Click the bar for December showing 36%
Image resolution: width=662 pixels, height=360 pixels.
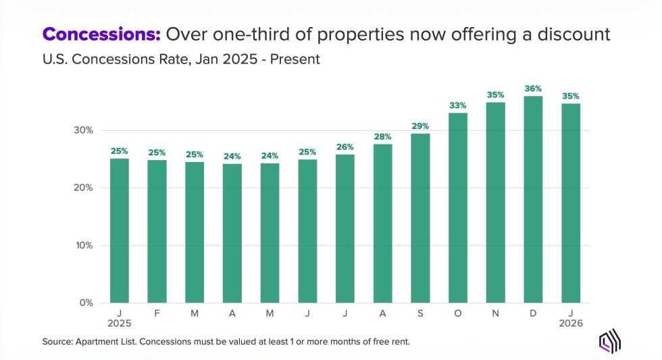pyautogui.click(x=533, y=199)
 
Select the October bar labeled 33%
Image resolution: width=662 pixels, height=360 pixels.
pyautogui.click(x=458, y=207)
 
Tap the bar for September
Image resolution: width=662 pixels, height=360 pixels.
pyautogui.click(x=420, y=217)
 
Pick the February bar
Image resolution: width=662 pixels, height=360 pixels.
pyautogui.click(x=157, y=231)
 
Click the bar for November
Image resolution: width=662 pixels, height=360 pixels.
pyautogui.click(x=496, y=202)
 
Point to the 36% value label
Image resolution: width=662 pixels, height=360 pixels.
pyautogui.click(x=533, y=88)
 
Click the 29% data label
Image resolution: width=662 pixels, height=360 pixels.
pyautogui.click(x=420, y=126)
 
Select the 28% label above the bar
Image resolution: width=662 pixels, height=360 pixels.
pyautogui.click(x=382, y=136)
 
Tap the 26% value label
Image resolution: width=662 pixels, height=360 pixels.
pyautogui.click(x=345, y=147)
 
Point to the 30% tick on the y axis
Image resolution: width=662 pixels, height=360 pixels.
pyautogui.click(x=83, y=130)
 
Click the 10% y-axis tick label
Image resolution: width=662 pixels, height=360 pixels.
pyautogui.click(x=83, y=245)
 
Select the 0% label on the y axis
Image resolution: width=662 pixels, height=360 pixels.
pyautogui.click(x=86, y=303)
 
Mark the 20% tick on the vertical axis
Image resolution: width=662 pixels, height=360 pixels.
pyautogui.click(x=83, y=188)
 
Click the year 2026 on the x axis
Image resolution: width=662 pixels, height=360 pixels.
pyautogui.click(x=571, y=324)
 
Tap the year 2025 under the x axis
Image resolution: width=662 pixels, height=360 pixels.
pyautogui.click(x=119, y=324)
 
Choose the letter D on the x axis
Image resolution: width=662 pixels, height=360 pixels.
pyautogui.click(x=533, y=313)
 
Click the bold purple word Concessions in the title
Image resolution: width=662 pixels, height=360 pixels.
pyautogui.click(x=101, y=34)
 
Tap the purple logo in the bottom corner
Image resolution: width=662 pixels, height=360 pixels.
pyautogui.click(x=610, y=341)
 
